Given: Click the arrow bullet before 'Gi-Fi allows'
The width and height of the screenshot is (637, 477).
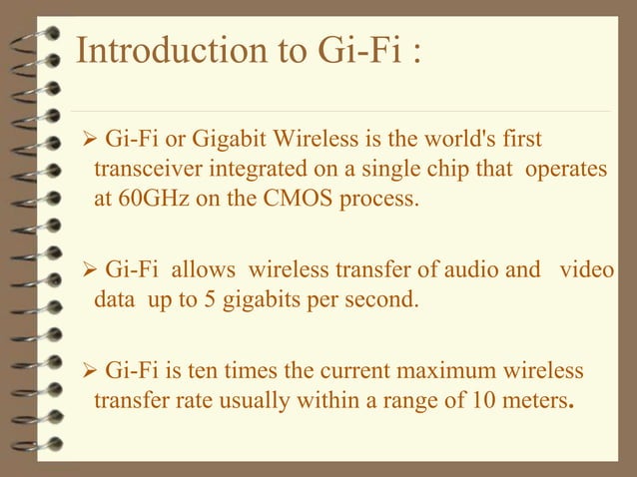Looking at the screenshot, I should [85, 268].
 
